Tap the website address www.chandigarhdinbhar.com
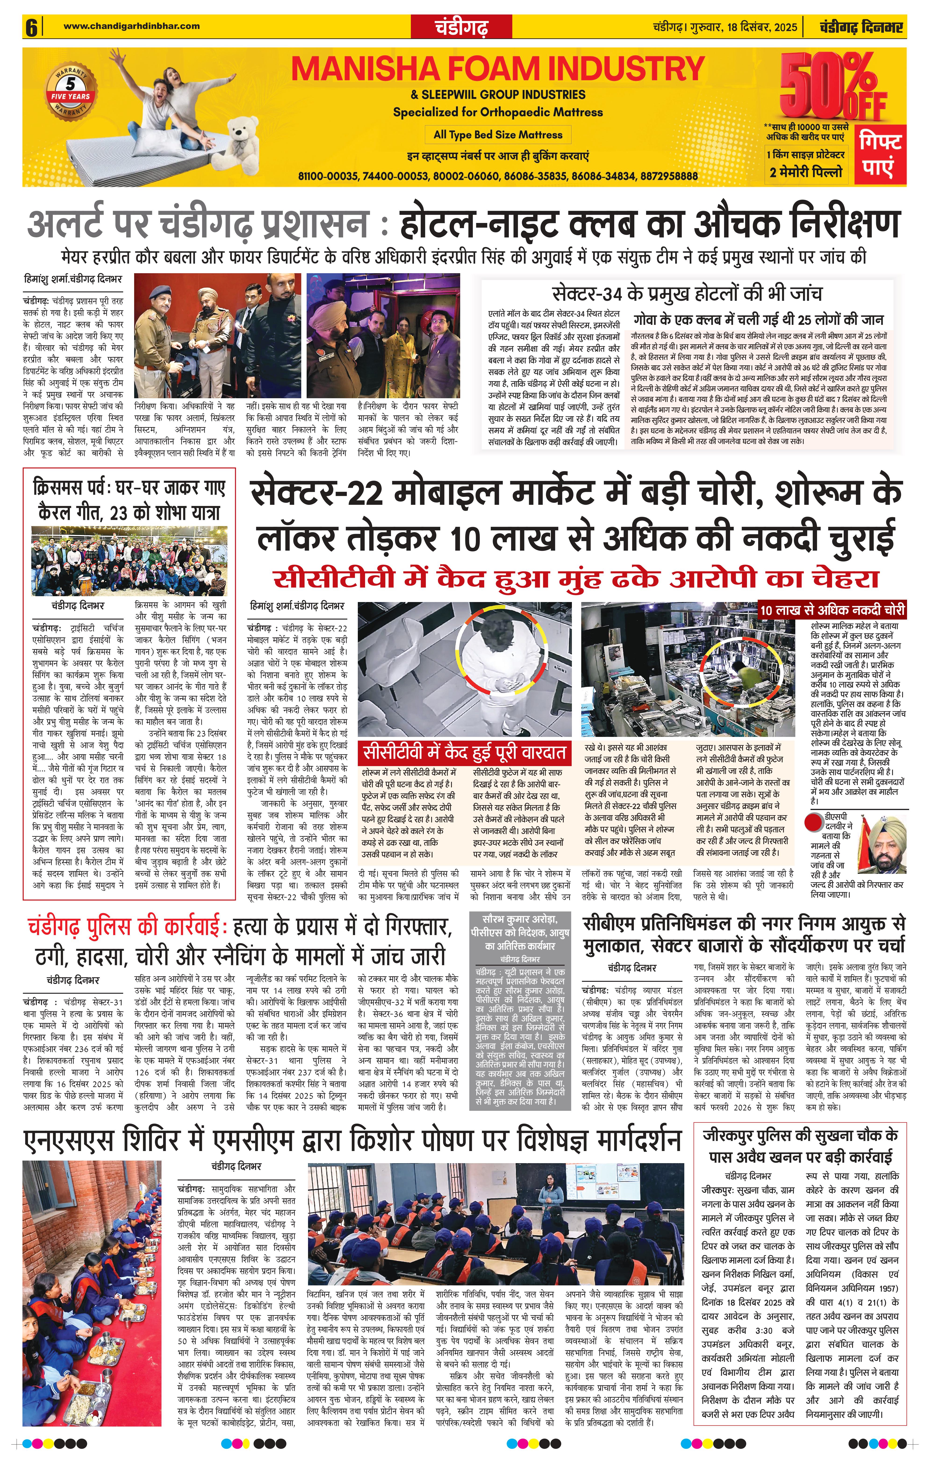point(131,25)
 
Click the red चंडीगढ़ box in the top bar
point(462,27)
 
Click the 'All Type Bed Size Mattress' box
point(498,135)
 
